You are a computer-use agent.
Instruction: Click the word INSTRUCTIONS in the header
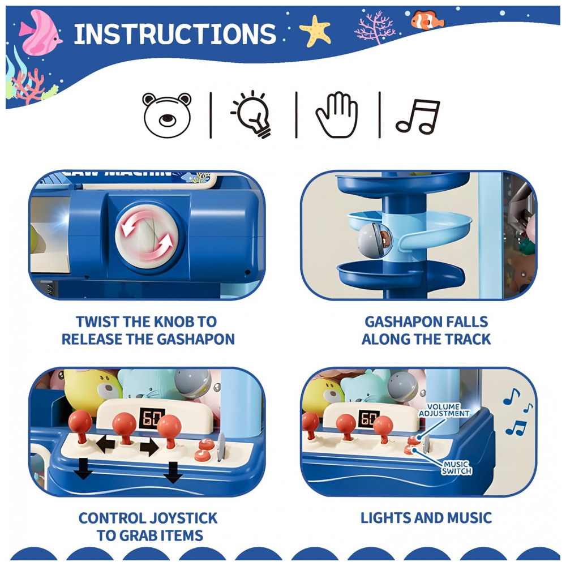(x=175, y=35)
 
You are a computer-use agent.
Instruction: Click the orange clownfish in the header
(x=427, y=20)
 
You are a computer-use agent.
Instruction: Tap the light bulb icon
(x=252, y=114)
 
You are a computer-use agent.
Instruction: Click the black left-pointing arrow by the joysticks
(x=105, y=444)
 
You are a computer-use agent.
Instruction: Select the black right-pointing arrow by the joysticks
(x=149, y=447)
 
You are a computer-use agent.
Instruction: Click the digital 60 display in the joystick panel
(x=152, y=418)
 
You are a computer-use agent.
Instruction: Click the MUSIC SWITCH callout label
(x=457, y=468)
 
